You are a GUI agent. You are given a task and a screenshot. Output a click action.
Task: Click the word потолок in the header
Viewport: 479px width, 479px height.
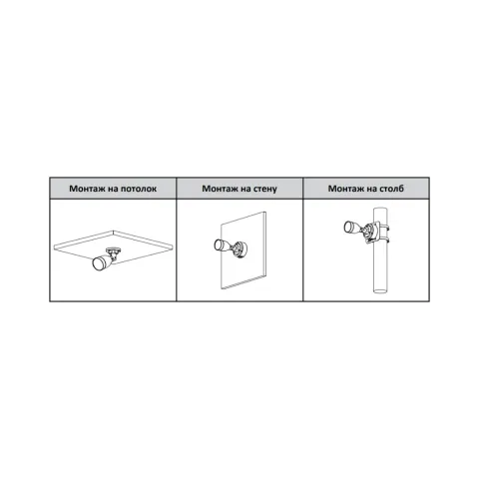139,189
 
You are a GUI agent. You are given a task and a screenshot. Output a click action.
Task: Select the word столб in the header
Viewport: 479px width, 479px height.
392,189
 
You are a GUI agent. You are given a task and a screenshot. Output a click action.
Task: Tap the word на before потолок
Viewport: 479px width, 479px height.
113,189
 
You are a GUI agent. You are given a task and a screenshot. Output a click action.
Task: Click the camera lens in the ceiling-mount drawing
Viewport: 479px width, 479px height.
99,263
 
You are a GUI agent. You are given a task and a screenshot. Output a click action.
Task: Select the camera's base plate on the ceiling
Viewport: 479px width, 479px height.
113,249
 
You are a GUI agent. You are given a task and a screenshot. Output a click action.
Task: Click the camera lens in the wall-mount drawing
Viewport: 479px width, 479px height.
220,245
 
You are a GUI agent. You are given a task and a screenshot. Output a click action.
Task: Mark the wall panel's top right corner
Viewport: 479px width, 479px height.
265,212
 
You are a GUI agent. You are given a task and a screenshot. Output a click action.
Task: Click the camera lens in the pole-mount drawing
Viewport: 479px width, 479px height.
348,227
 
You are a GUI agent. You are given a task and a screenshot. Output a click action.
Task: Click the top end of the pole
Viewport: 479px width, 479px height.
380,209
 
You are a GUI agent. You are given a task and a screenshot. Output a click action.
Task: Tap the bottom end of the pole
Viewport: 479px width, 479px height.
380,291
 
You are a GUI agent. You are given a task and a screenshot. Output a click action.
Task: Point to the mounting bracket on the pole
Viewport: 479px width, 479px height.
370,234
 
